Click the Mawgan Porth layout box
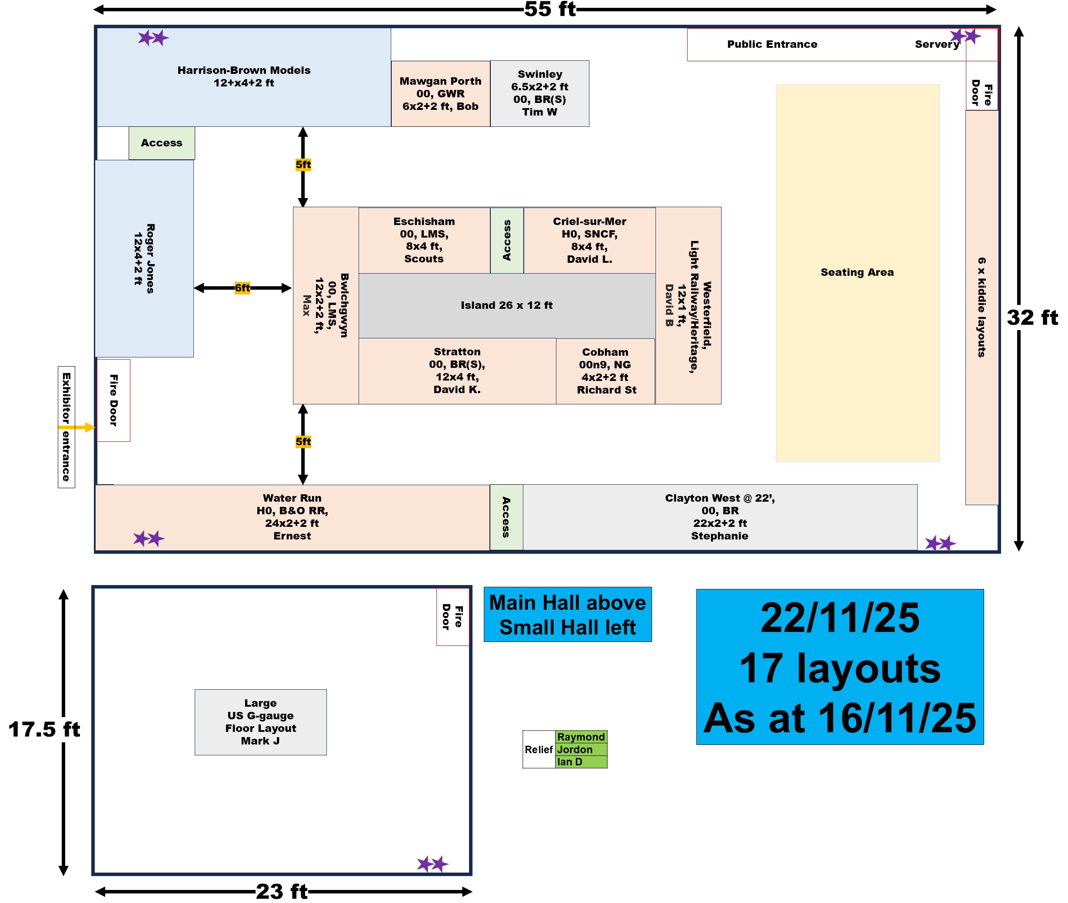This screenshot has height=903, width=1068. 440,94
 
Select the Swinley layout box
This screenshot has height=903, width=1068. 539,93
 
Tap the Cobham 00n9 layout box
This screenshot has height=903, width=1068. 606,371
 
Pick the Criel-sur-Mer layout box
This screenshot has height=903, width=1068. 589,240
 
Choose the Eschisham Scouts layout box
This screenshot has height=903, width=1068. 424,240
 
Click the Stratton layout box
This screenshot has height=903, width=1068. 457,370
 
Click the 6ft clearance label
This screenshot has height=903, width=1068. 242,288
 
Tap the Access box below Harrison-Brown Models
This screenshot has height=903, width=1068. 161,143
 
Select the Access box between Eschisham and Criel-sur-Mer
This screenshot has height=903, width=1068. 506,240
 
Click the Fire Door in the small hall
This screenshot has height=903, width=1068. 452,616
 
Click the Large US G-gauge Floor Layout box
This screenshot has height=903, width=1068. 260,722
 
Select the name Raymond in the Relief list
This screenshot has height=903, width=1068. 581,737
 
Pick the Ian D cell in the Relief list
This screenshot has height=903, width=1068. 581,762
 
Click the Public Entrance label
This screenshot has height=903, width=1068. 772,45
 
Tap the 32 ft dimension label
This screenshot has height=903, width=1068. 1031,318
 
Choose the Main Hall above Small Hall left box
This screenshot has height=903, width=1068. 568,614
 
